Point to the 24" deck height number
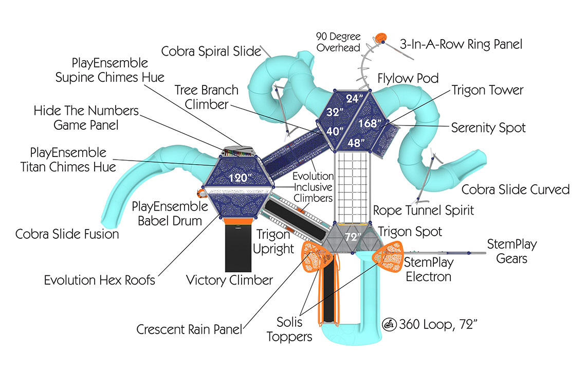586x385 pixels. pos(354,98)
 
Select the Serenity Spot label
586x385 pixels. pos(488,127)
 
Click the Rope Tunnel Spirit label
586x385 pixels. pos(423,210)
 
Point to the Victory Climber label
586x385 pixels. pos(229,281)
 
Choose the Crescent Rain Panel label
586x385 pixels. pos(189,329)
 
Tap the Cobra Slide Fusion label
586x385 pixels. pos(67,234)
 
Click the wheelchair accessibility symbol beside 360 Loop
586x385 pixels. pos(389,324)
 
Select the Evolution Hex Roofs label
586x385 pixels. pos(100,281)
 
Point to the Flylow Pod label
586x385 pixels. pos(408,79)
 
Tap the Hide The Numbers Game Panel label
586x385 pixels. pos(86,117)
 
